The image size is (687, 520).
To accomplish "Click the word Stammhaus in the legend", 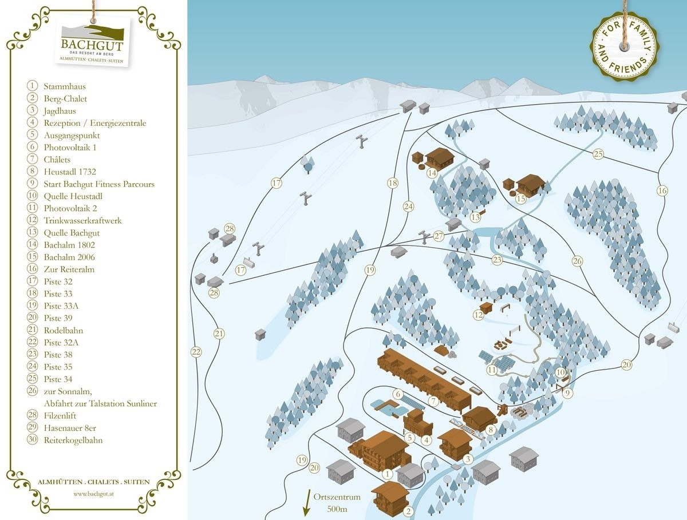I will coord(65,86).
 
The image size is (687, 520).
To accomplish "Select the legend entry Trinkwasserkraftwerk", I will coord(82,221).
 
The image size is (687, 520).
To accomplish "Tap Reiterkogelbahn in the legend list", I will coord(73,440).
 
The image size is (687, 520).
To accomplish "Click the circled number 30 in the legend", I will coord(33,440).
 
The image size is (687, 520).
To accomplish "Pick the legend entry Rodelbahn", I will coord(63,330).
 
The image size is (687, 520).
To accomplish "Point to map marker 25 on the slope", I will coord(598,154).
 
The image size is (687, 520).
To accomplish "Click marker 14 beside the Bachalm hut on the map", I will coord(432,173).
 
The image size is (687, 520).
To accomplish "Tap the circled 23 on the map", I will coord(497,260).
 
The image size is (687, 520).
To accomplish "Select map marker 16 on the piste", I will coord(662,190).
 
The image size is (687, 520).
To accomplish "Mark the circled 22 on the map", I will coord(196,352).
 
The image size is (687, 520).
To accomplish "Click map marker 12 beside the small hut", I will coord(479,314).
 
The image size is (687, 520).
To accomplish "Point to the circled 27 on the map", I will coord(439,236).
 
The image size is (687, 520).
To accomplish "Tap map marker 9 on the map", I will coord(567,393).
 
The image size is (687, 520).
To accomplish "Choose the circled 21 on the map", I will coord(218,334).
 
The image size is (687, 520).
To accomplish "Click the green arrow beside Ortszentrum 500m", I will coord(306,503).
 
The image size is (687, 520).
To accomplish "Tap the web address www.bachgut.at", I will coord(94,493).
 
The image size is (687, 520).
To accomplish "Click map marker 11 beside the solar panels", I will coord(492,370).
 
